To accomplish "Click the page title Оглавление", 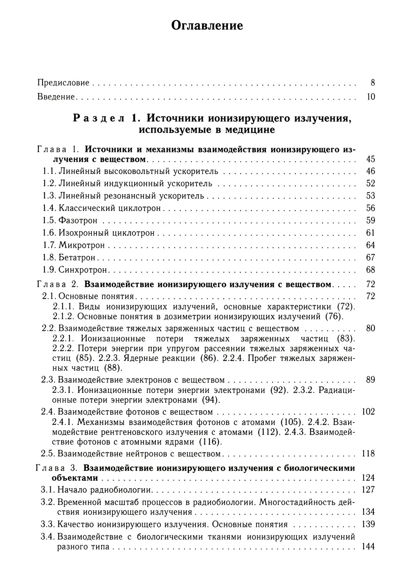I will pos(207,25).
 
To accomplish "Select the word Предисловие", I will pos(63,83).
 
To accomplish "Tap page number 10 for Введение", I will pos(371,97).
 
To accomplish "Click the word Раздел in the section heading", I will pos(99,118).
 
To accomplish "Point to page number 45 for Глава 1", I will pos(370,159).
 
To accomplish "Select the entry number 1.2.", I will pos(49,184).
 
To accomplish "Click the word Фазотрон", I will pos(78,220).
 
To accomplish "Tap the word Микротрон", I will pos(82,245).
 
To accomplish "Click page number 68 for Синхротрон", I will pos(370,270).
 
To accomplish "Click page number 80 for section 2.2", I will pos(370,329).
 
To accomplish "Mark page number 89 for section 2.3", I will pos(370,380).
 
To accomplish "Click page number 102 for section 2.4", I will pos(368,412).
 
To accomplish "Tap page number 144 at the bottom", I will pos(368,546).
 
